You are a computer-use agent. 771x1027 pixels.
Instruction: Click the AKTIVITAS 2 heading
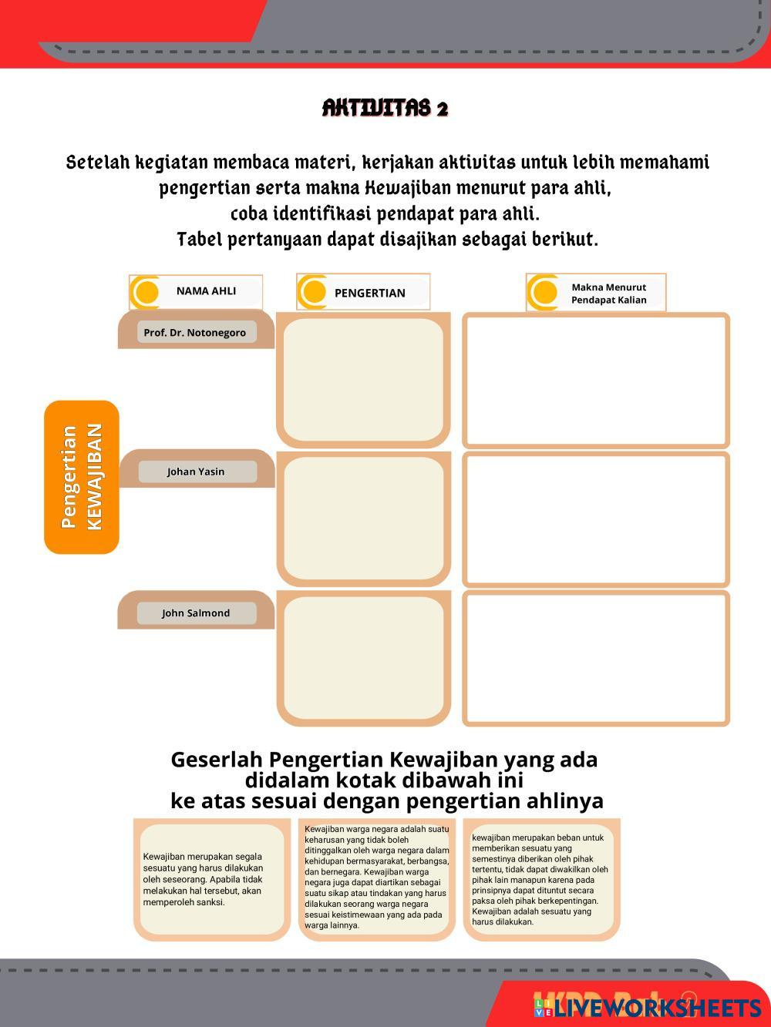(x=385, y=108)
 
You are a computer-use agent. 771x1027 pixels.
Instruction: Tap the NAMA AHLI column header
(x=206, y=291)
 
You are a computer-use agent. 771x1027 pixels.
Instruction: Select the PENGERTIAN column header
(x=369, y=293)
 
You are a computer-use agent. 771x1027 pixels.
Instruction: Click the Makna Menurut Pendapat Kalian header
(x=608, y=294)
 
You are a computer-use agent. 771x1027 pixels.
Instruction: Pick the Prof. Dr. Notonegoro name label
(x=195, y=333)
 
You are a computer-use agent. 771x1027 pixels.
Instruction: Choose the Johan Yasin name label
(x=197, y=472)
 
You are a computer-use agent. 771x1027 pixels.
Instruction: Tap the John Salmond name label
(x=196, y=613)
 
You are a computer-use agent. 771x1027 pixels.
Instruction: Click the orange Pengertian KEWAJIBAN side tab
(x=82, y=477)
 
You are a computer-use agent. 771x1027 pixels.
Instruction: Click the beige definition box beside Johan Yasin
(x=363, y=519)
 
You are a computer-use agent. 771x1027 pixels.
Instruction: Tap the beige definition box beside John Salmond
(x=363, y=659)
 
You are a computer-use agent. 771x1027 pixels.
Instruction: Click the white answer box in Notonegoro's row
(x=595, y=380)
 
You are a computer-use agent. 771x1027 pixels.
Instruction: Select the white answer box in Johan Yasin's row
(x=595, y=519)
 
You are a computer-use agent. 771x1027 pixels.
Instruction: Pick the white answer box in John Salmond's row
(x=595, y=659)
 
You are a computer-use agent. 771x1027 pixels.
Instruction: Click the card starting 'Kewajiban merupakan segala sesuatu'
(x=211, y=879)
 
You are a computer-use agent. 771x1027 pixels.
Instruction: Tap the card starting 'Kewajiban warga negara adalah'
(x=376, y=878)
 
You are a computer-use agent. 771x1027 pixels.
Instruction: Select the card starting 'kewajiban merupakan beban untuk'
(x=541, y=879)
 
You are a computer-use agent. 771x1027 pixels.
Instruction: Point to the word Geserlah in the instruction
(x=217, y=760)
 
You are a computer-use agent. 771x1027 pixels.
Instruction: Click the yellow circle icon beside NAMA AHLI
(x=146, y=292)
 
